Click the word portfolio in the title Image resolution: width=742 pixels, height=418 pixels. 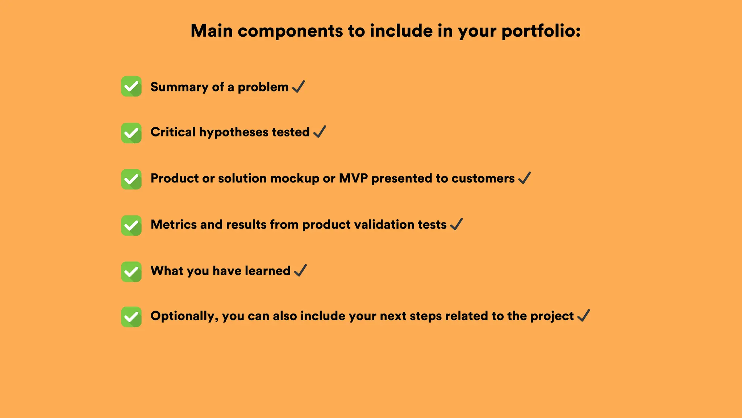[541, 31]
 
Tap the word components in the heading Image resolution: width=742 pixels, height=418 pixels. [290, 31]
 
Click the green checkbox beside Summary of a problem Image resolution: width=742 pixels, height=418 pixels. [131, 86]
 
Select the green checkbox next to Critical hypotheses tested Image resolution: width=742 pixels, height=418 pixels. [131, 133]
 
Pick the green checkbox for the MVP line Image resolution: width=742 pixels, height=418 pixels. [131, 179]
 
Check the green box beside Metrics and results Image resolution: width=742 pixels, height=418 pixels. [131, 225]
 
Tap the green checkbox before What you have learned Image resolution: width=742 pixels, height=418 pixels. [131, 272]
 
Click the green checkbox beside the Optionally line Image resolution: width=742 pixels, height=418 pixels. [131, 317]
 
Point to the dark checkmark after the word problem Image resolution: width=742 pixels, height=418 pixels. [299, 87]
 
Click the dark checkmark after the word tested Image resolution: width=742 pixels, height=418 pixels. [320, 132]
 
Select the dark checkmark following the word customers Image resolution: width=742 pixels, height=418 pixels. [525, 178]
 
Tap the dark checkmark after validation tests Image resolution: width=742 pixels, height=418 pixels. [457, 224]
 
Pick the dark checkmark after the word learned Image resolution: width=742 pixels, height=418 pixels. [300, 270]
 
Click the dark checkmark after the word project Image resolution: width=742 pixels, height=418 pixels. [584, 316]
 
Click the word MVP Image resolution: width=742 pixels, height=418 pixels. [353, 179]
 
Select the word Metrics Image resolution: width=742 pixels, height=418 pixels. [174, 225]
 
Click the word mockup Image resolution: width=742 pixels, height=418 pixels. [295, 179]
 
